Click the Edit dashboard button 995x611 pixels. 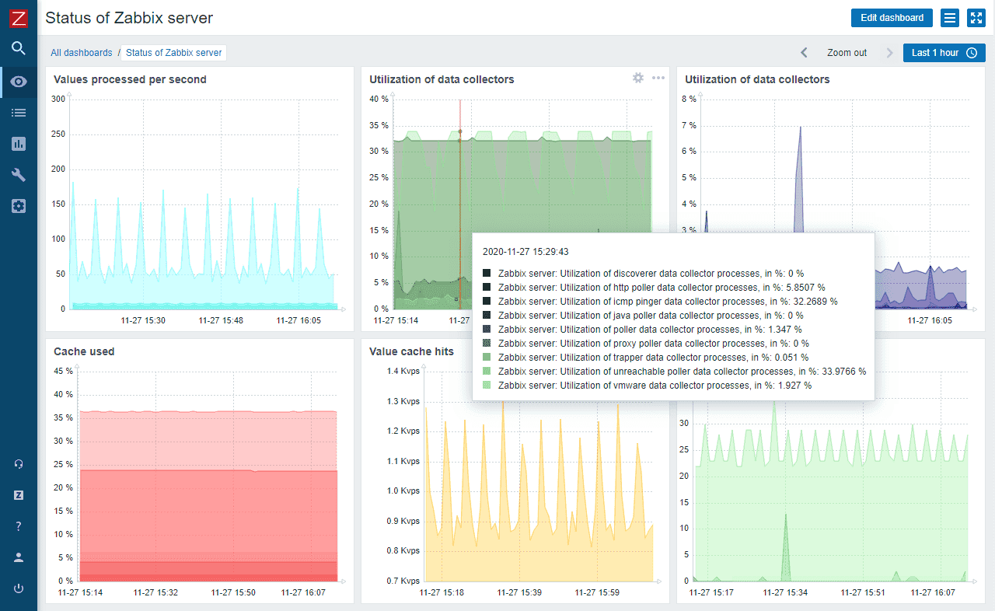click(x=892, y=18)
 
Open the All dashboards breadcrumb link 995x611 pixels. click(x=82, y=53)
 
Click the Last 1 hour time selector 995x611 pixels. click(x=944, y=53)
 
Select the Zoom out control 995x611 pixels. click(x=847, y=53)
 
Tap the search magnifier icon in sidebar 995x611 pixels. click(x=19, y=48)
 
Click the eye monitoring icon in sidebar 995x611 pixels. click(x=19, y=82)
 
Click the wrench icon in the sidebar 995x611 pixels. click(x=19, y=175)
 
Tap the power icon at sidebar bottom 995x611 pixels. click(x=19, y=588)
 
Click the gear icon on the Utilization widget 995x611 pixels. click(x=638, y=78)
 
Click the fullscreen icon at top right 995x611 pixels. click(x=976, y=18)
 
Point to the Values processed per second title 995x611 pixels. click(x=130, y=79)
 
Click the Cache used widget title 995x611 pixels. click(x=84, y=351)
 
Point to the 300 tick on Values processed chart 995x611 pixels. click(x=58, y=99)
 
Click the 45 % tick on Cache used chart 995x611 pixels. click(x=63, y=371)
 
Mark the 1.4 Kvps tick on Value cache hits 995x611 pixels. click(x=403, y=372)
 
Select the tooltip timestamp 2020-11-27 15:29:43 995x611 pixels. click(x=525, y=252)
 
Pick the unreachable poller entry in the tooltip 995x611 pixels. click(x=681, y=372)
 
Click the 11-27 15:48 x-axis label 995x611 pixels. click(x=221, y=320)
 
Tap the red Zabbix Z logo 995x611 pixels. click(x=19, y=17)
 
